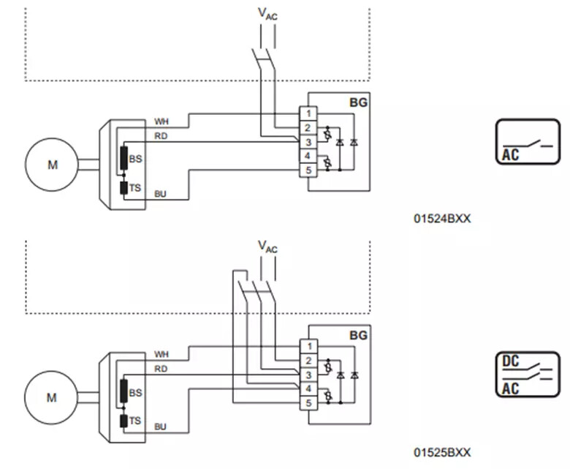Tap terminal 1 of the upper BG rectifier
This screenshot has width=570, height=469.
click(308, 113)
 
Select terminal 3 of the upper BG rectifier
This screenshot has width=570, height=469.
click(308, 142)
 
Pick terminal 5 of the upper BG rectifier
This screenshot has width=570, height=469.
click(308, 170)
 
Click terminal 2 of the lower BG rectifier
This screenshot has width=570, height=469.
click(309, 361)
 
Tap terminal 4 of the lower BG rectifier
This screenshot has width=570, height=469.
click(309, 389)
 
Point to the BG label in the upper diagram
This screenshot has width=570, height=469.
click(358, 102)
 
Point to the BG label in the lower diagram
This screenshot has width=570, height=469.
click(358, 335)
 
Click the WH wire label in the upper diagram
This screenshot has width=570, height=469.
click(161, 121)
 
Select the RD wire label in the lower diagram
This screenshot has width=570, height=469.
click(161, 369)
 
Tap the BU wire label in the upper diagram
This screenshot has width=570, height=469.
click(160, 194)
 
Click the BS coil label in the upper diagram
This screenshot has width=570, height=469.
click(135, 159)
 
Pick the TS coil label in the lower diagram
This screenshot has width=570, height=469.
click(135, 421)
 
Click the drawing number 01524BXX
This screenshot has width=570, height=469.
click(442, 218)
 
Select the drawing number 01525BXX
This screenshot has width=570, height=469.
click(442, 452)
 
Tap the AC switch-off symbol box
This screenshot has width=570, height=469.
click(528, 141)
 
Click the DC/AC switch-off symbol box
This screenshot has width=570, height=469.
click(528, 375)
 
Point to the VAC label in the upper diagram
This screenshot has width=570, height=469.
click(267, 14)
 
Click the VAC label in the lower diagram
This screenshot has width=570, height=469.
click(267, 247)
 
